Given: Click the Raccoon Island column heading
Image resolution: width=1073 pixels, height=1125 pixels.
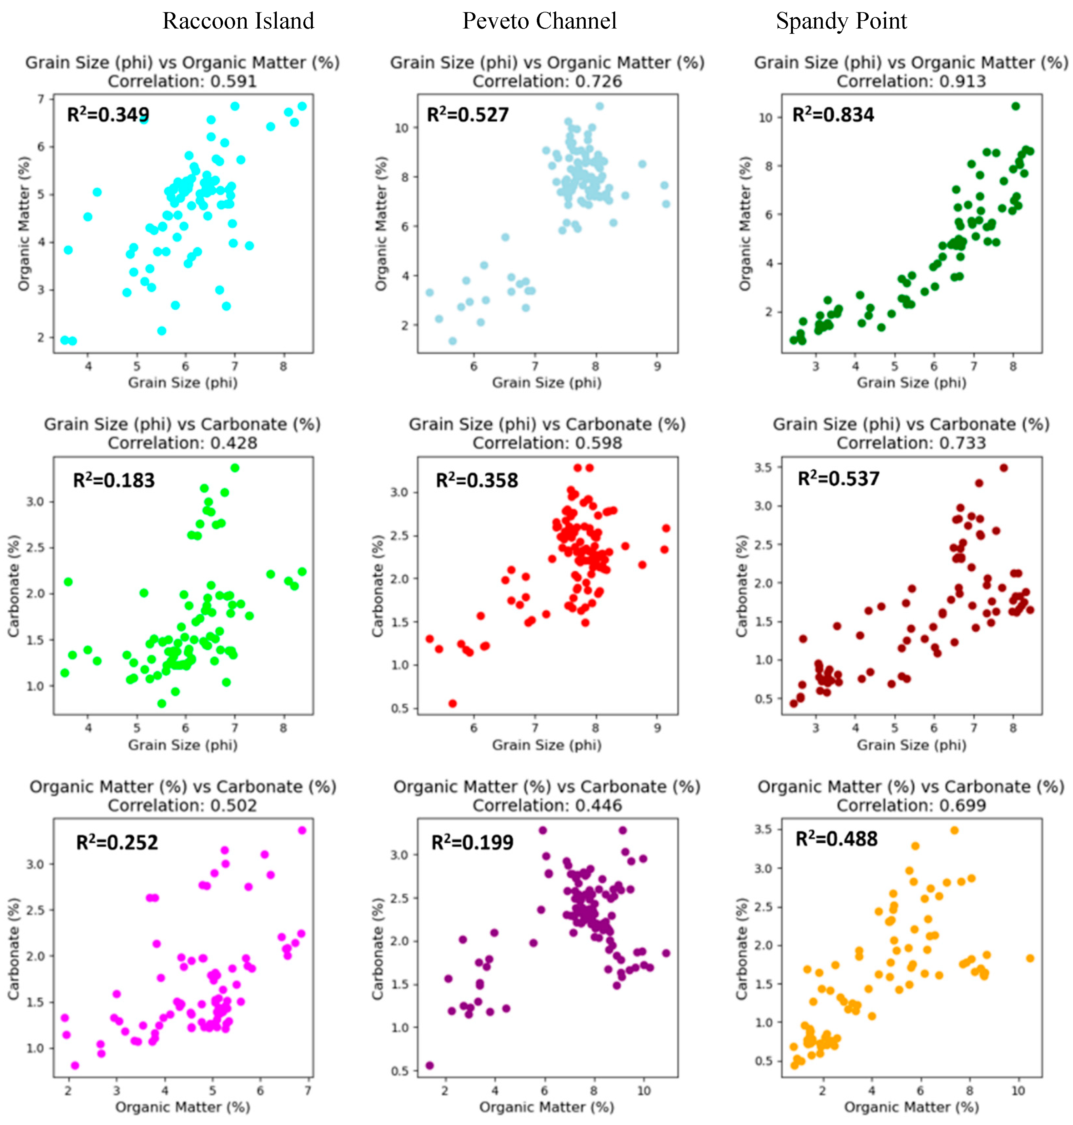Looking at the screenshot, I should pyautogui.click(x=238, y=21).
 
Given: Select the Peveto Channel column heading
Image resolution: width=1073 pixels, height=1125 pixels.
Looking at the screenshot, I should pyautogui.click(x=539, y=21).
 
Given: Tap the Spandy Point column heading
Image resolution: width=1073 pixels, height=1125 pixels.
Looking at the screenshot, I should pyautogui.click(x=841, y=21).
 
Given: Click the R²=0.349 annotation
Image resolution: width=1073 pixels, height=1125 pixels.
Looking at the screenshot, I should pyautogui.click(x=108, y=114).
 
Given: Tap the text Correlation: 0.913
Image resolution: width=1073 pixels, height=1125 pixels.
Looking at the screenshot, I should pyautogui.click(x=911, y=81).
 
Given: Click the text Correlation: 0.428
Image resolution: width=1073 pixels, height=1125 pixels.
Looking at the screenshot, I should pyautogui.click(x=182, y=443).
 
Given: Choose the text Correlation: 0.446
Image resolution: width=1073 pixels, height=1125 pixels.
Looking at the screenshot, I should pyautogui.click(x=547, y=805).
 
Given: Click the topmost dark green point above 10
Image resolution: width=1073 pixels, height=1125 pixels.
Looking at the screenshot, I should pyautogui.click(x=1015, y=106).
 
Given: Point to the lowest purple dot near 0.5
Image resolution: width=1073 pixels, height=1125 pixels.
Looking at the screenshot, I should pyautogui.click(x=430, y=1065).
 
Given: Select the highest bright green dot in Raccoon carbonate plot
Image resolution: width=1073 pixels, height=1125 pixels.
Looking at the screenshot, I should pyautogui.click(x=234, y=468).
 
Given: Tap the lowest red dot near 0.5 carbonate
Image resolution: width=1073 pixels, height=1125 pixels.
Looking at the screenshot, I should pyautogui.click(x=453, y=703).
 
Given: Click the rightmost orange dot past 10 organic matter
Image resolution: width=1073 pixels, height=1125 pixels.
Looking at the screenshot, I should pyautogui.click(x=1030, y=958).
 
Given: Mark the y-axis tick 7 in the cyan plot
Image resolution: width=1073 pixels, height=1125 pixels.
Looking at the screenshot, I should pyautogui.click(x=41, y=99).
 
